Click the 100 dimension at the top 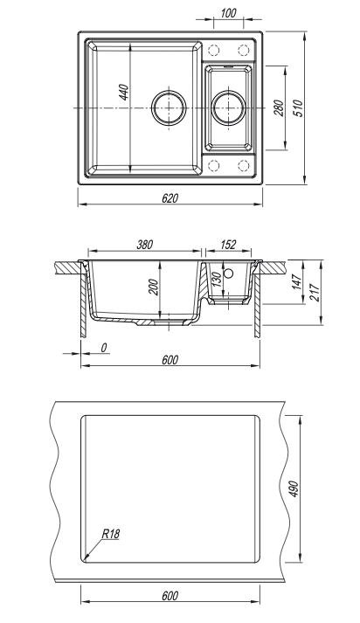point(228,13)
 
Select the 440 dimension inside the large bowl point(124,92)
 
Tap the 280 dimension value point(280,107)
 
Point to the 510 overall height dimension point(298,107)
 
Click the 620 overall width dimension point(170,197)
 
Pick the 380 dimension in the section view point(145,245)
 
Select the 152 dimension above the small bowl point(228,245)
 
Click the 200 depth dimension point(154,287)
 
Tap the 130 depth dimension point(217,280)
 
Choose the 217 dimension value point(315,293)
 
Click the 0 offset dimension point(104,348)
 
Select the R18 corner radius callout point(111,534)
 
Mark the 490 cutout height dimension point(294,489)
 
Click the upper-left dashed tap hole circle point(214,51)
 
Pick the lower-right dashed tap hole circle point(243,165)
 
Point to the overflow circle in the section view point(228,273)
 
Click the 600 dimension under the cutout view point(170,596)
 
